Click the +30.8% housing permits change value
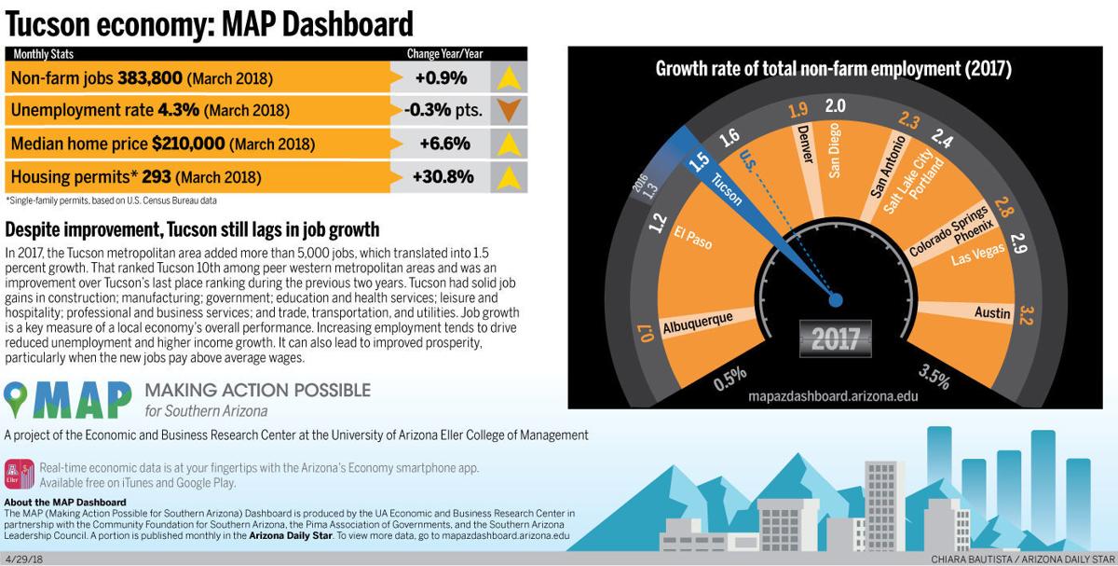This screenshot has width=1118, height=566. point(444,176)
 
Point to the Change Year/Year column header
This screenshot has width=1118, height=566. point(444,54)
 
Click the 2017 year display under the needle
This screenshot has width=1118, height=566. point(835,338)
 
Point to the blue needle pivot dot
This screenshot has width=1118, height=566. point(835,299)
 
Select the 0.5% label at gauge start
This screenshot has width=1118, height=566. point(729,377)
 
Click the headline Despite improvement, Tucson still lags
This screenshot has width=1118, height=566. point(192,229)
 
